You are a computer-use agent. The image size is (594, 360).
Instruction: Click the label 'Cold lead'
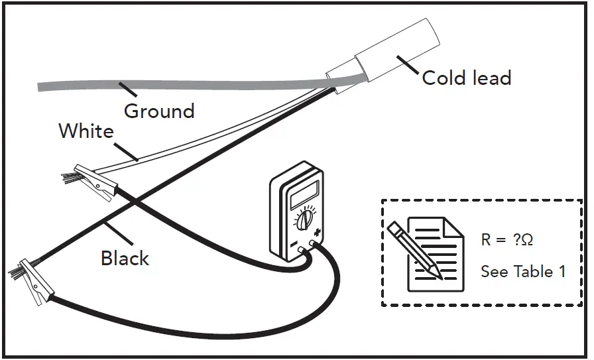click(466, 78)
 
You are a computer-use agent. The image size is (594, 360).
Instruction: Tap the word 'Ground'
click(159, 111)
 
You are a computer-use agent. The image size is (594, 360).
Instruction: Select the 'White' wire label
click(86, 131)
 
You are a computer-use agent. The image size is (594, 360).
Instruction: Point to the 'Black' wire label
click(125, 258)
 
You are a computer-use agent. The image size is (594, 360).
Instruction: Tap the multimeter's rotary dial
click(305, 219)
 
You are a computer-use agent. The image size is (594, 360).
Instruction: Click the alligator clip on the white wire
click(95, 183)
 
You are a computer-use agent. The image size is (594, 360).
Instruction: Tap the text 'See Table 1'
click(523, 272)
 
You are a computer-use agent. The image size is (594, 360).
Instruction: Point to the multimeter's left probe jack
click(302, 251)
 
